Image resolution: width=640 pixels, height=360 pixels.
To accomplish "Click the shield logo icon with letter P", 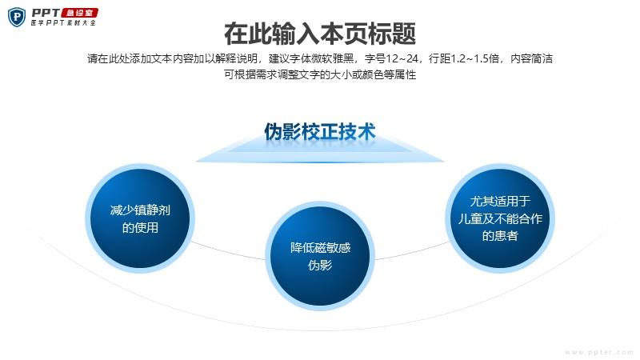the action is tap(17, 18).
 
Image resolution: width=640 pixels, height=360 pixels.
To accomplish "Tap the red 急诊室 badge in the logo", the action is tap(79, 13).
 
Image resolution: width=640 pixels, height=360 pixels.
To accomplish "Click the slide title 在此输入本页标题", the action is tap(320, 34).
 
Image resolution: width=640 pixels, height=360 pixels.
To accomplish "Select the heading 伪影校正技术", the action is tap(320, 131).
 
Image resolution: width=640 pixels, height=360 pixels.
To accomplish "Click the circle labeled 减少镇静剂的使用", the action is tap(140, 218).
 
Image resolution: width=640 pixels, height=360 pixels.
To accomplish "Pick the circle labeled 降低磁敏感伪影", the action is tap(320, 256).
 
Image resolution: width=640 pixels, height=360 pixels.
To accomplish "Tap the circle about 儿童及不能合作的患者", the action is tap(500, 218).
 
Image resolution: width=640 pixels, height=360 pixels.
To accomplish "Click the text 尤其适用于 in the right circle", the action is tap(500, 202).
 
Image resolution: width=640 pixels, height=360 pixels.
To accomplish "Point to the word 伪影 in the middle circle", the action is tap(320, 266).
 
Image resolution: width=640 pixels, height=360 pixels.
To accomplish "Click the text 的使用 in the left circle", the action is tap(140, 227).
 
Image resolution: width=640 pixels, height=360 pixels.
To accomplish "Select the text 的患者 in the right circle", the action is tap(500, 236).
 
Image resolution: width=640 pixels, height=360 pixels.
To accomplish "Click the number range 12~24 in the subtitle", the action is tap(402, 58).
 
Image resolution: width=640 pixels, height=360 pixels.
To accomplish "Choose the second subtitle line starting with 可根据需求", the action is tap(320, 74).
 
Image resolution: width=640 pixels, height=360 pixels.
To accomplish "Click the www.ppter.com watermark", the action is tap(598, 352).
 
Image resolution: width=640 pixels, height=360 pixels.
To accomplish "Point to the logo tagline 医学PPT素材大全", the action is tap(63, 23).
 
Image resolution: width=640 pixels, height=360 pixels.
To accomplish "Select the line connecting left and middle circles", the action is tap(229, 251).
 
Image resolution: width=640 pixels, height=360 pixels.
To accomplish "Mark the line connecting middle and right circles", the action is tap(411, 251).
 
